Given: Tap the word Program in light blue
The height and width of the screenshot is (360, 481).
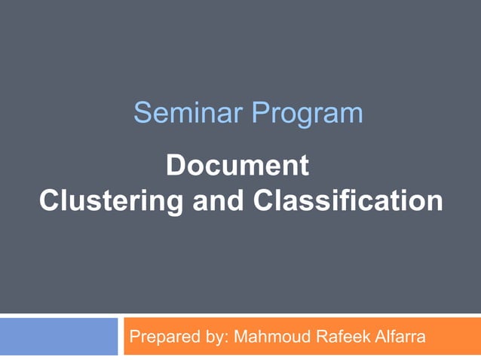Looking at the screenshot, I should (x=307, y=114).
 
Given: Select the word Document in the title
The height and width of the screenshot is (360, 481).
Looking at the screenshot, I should (x=237, y=166).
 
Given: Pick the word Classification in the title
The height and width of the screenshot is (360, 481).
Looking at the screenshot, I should (x=348, y=201).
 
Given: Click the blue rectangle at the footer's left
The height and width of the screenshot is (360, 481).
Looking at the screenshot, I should (x=59, y=336).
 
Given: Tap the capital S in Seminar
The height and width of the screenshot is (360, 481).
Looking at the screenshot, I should (x=141, y=113).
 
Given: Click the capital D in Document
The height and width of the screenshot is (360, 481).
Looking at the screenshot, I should (x=174, y=166).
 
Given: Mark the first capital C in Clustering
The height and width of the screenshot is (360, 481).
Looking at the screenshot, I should (x=47, y=201).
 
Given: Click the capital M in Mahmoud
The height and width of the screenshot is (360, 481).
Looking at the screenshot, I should (x=241, y=336).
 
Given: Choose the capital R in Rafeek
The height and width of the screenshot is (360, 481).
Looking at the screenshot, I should (x=317, y=336).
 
